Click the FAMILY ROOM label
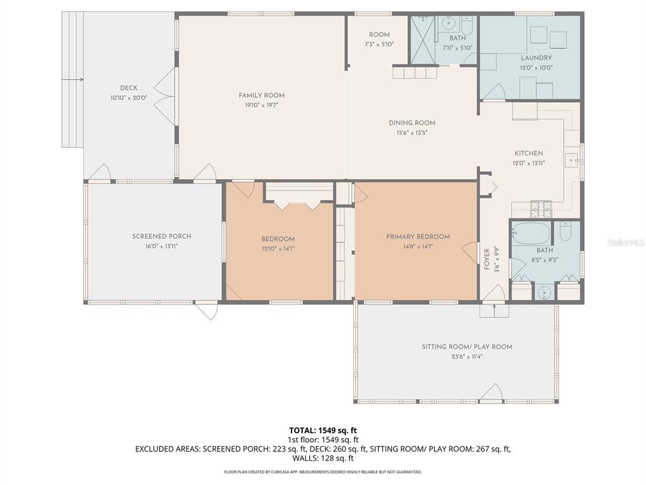[261, 95]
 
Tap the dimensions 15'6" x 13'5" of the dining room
[411, 133]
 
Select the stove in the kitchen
[541, 205]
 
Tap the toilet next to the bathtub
[565, 232]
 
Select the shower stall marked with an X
[423, 40]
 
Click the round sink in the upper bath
[449, 25]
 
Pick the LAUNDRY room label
[536, 58]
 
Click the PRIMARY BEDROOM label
[418, 237]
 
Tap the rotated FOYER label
[487, 260]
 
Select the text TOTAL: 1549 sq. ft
[323, 431]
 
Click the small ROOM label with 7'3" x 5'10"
[379, 35]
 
